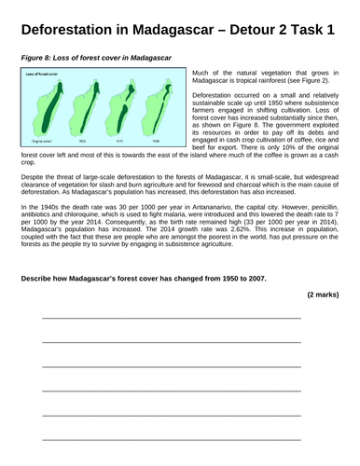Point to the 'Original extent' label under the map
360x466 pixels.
41,140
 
